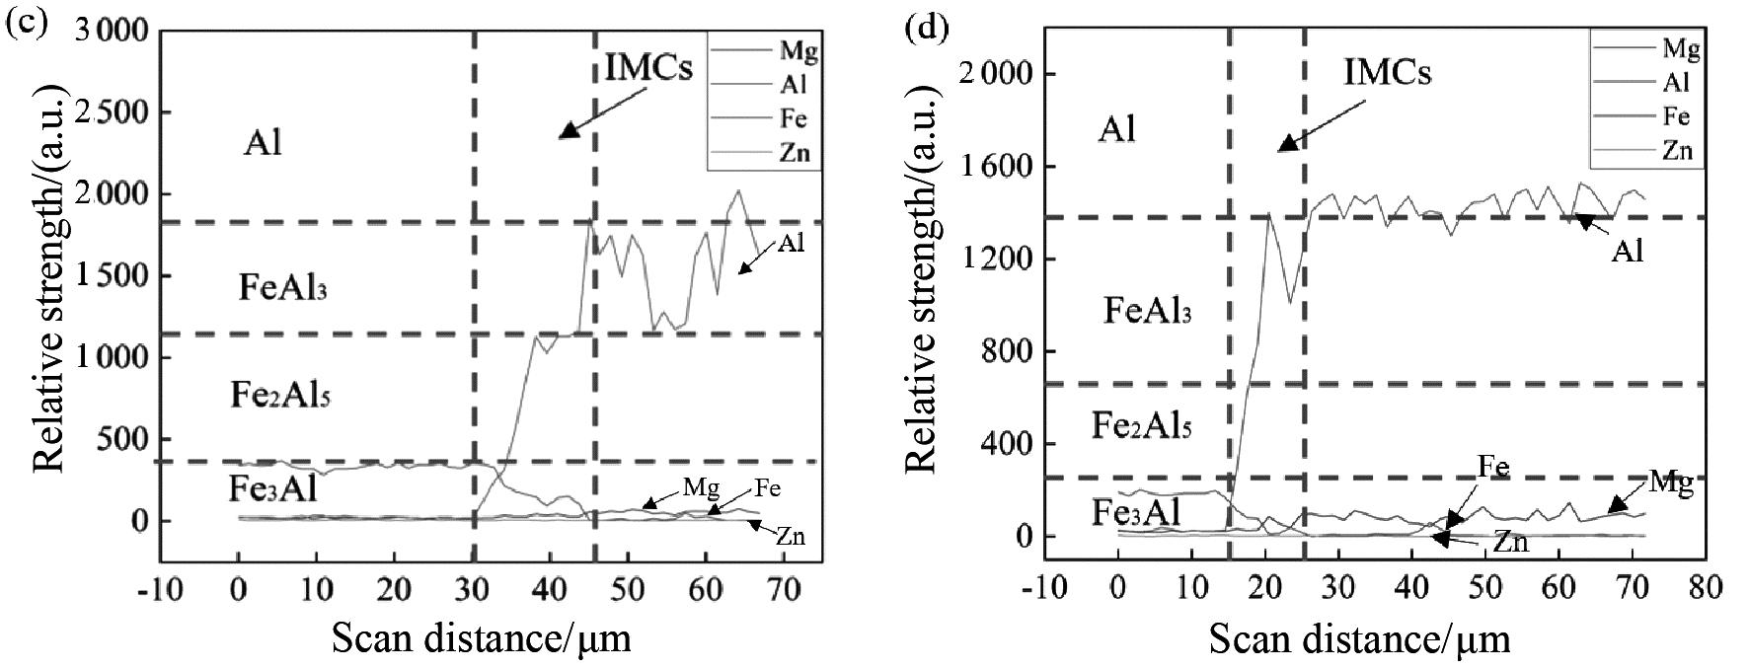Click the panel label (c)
click(x=26, y=23)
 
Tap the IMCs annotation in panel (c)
click(x=649, y=69)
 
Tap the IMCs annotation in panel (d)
click(x=1387, y=71)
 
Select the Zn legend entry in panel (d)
click(x=1677, y=150)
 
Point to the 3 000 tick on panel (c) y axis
click(x=111, y=32)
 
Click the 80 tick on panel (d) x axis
click(x=1705, y=588)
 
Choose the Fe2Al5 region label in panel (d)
click(x=1141, y=426)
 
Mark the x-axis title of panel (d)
click(x=1359, y=639)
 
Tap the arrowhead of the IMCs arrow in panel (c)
click(x=568, y=131)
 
